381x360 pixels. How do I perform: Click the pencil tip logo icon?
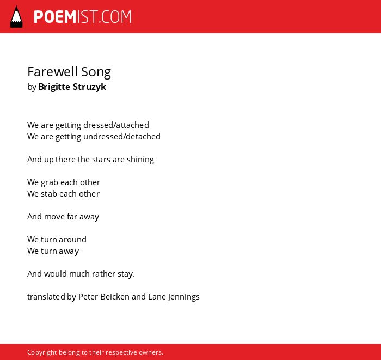(16, 17)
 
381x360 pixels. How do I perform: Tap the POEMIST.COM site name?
(83, 17)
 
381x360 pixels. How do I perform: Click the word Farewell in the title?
(53, 72)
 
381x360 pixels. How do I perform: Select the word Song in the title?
(96, 72)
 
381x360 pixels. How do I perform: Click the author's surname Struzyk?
(89, 87)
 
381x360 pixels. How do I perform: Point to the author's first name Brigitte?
(54, 87)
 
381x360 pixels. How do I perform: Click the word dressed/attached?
(116, 125)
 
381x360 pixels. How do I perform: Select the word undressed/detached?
(122, 136)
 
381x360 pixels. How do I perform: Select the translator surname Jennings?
(184, 297)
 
